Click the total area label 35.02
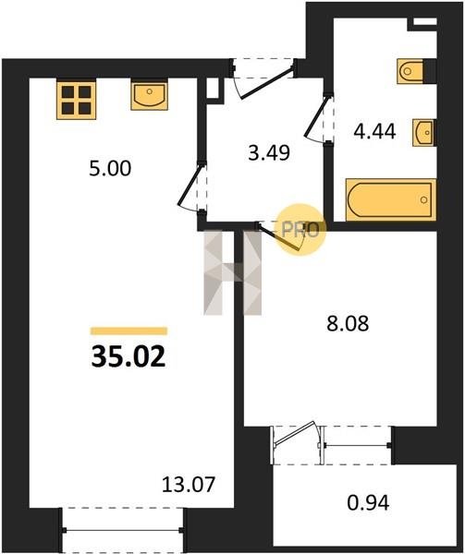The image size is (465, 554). click(128, 356)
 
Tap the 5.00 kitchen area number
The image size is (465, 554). click(110, 168)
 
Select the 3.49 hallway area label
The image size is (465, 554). click(269, 152)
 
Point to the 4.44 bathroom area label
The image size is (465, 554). click(374, 131)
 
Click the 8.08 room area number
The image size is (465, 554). click(348, 323)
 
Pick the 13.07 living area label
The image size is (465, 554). click(189, 485)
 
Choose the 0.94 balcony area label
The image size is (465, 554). click(368, 502)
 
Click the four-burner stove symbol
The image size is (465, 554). click(77, 101)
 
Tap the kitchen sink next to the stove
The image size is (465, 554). click(149, 96)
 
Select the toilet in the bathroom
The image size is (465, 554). click(410, 71)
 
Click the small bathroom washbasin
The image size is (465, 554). click(423, 133)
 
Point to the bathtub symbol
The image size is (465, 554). click(391, 200)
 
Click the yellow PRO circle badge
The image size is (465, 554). click(300, 230)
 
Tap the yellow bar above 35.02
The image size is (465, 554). click(128, 331)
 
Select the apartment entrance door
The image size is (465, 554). click(264, 78)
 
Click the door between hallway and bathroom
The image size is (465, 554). click(319, 117)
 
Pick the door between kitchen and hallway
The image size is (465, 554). click(192, 187)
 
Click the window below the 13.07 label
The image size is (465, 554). click(123, 530)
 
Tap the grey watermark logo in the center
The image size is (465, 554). click(232, 272)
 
